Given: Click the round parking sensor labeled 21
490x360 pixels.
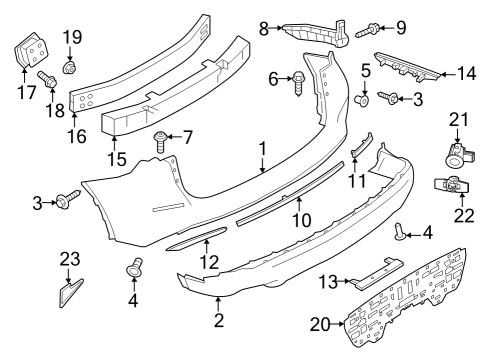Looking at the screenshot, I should coord(454,153).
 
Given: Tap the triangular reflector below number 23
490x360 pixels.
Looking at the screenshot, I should coord(71,294).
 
